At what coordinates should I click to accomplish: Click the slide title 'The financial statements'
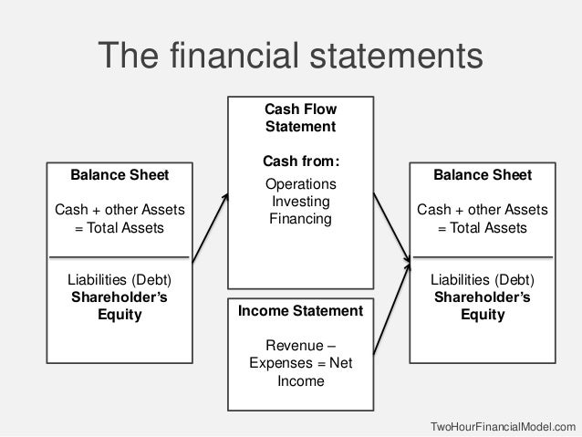point(290,55)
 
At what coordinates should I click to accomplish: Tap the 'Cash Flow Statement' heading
point(300,117)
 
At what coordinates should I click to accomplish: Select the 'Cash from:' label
point(300,161)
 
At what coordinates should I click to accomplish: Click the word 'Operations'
point(300,185)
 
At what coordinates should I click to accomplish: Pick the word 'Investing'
point(300,203)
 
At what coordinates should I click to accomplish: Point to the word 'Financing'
point(300,220)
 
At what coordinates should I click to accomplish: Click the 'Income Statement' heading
point(300,312)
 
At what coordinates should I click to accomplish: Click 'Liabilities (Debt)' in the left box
point(120,280)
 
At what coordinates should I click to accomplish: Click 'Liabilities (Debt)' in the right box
point(482,280)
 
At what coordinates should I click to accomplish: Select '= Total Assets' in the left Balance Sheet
point(120,227)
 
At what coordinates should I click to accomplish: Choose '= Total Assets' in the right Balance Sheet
point(482,227)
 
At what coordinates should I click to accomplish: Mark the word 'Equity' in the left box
point(120,315)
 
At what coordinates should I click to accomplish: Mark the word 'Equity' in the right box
point(482,315)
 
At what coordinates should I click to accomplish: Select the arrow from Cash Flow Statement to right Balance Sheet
point(390,224)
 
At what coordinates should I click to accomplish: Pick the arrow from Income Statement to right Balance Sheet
point(390,307)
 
